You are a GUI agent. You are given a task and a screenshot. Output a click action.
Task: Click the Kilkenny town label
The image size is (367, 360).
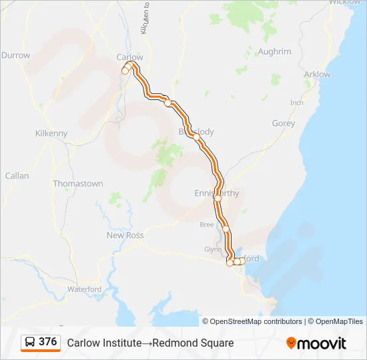point(51,133)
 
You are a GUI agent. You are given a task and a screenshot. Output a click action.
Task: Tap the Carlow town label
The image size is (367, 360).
point(129,57)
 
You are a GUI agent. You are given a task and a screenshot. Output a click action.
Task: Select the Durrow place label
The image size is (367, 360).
point(16,55)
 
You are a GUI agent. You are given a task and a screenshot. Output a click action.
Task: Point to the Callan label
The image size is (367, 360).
point(17,176)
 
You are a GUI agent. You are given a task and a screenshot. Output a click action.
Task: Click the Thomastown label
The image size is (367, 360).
point(78,183)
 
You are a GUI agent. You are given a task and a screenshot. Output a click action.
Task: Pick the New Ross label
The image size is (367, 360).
point(125,235)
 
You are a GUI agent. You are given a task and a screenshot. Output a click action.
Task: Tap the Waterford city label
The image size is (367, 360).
point(84,289)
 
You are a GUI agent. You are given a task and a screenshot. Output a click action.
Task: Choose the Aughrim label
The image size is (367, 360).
point(274,51)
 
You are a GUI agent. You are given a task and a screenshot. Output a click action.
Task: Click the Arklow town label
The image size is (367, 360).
point(317,75)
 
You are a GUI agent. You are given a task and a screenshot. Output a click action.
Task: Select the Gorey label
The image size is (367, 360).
point(284,123)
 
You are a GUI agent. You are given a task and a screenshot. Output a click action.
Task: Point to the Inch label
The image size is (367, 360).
point(297,103)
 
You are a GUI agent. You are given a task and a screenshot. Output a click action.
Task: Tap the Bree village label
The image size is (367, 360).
point(207,225)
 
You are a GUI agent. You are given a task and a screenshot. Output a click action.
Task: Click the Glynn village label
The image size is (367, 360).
point(212,249)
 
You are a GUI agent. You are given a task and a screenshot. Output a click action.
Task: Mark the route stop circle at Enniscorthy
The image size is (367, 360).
point(218,198)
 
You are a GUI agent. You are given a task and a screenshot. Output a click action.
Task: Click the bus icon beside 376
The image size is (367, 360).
point(30,342)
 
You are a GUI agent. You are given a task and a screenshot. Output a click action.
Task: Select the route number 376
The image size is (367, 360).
point(48,342)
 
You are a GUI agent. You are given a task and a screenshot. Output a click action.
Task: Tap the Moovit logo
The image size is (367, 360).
point(316,343)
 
